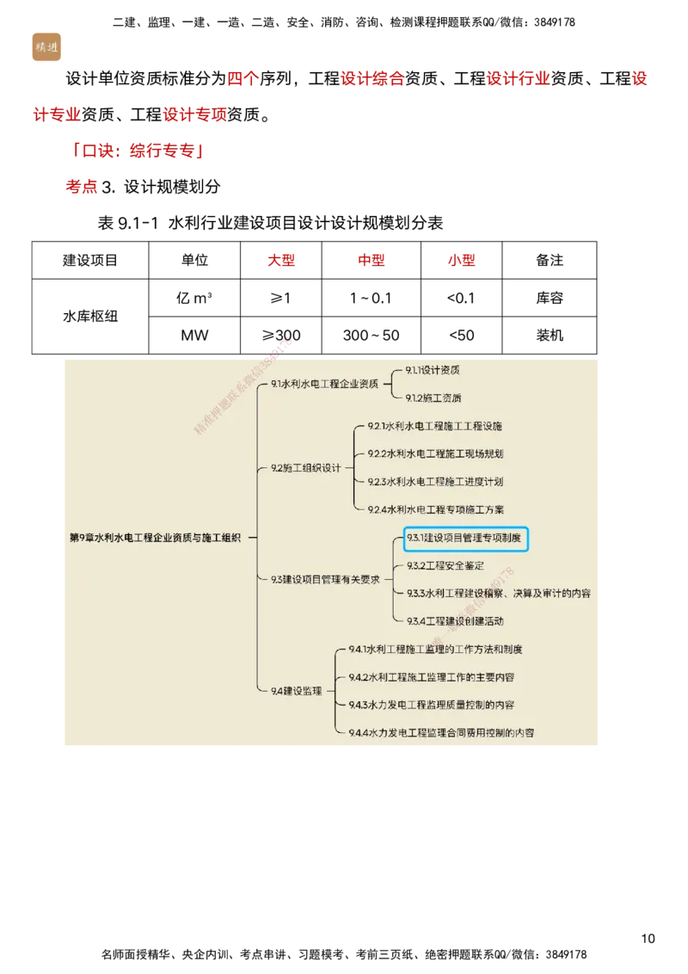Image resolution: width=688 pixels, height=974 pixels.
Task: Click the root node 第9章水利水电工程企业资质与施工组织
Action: point(155,537)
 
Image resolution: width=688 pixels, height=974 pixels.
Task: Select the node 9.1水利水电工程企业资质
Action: point(324,384)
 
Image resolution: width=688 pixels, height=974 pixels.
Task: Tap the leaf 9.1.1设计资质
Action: point(433,370)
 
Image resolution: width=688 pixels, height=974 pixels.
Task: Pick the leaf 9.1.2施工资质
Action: point(433,398)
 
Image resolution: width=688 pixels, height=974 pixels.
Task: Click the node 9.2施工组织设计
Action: point(306,468)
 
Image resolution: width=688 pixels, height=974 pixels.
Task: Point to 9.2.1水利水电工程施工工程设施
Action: point(435,426)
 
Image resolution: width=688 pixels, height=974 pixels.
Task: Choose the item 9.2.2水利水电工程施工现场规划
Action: point(435,453)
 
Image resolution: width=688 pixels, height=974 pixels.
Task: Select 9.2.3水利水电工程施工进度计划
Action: point(435,482)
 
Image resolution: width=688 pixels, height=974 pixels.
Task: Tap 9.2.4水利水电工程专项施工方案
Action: point(436,509)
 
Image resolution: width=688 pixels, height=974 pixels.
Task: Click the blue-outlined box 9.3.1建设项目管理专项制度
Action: point(465,539)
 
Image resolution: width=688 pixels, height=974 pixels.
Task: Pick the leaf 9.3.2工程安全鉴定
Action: point(445,565)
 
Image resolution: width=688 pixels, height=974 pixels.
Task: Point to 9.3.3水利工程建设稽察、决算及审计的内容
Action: point(499,593)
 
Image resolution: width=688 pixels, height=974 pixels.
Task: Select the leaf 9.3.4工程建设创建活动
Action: point(455,620)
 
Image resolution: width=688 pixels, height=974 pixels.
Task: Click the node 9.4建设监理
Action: point(296,691)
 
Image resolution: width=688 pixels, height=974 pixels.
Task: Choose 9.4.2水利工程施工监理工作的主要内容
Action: point(432,677)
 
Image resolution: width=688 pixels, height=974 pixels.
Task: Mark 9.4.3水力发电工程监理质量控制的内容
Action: point(432,705)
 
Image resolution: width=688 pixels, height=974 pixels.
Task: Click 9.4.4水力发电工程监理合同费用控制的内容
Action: point(441,733)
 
